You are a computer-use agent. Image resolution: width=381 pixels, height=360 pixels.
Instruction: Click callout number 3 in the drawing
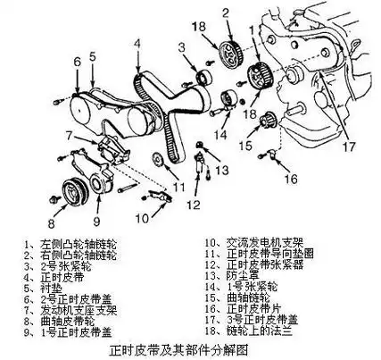[181, 46]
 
